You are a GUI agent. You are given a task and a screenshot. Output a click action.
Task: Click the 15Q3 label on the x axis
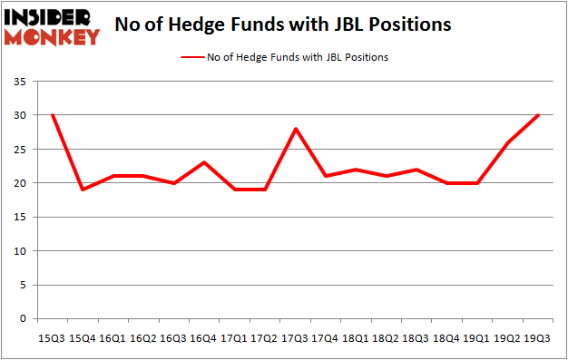click(52, 338)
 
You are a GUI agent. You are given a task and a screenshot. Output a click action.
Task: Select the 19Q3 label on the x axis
click(540, 338)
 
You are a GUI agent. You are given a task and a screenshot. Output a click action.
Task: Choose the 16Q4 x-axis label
click(204, 338)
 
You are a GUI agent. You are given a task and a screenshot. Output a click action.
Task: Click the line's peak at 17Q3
click(296, 129)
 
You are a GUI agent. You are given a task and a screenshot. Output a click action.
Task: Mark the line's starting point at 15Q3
click(52, 115)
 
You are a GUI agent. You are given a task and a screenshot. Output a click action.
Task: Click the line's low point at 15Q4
click(83, 190)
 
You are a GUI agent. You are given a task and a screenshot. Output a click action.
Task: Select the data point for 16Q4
click(204, 162)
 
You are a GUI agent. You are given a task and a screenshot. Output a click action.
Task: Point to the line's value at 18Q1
click(357, 170)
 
